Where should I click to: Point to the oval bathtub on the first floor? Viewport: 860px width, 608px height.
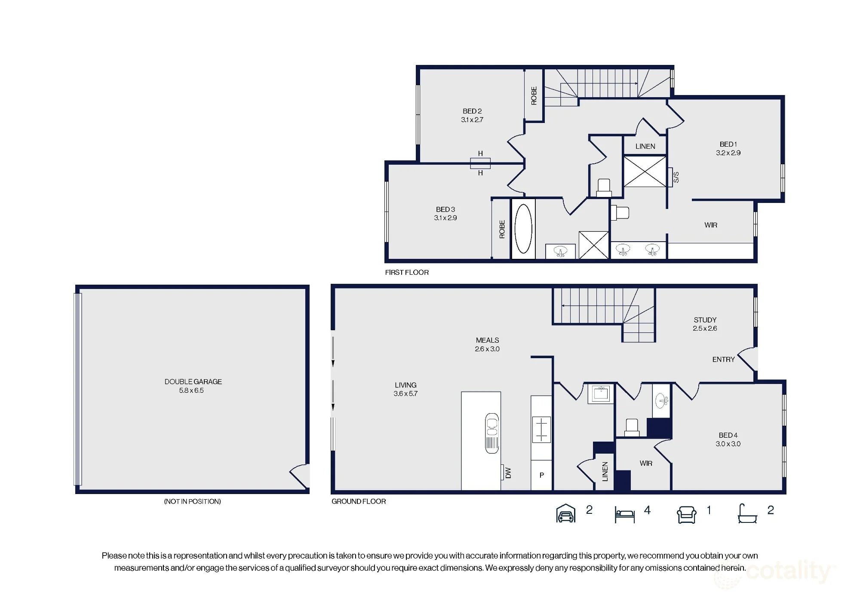[x=523, y=228]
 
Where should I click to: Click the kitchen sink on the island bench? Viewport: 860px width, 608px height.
[x=492, y=433]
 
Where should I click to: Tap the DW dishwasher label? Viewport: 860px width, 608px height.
[x=508, y=473]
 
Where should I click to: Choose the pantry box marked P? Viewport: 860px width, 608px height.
[x=541, y=475]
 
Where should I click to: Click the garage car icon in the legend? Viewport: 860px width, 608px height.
[x=566, y=513]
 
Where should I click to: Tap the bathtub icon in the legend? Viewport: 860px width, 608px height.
[x=747, y=513]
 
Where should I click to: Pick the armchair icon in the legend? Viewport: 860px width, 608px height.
[x=687, y=514]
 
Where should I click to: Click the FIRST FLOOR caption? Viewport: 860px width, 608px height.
[x=407, y=272]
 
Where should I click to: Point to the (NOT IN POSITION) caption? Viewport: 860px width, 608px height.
[x=192, y=501]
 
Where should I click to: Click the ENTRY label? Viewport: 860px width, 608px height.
[x=723, y=359]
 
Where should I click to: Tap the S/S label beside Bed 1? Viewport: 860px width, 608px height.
[x=676, y=177]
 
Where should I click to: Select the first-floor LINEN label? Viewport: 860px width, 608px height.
[x=645, y=146]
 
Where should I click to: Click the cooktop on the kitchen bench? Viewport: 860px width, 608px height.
[x=541, y=429]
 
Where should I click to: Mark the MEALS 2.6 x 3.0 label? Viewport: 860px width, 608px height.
[x=487, y=344]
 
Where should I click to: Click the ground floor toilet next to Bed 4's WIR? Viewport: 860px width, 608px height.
[x=632, y=427]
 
